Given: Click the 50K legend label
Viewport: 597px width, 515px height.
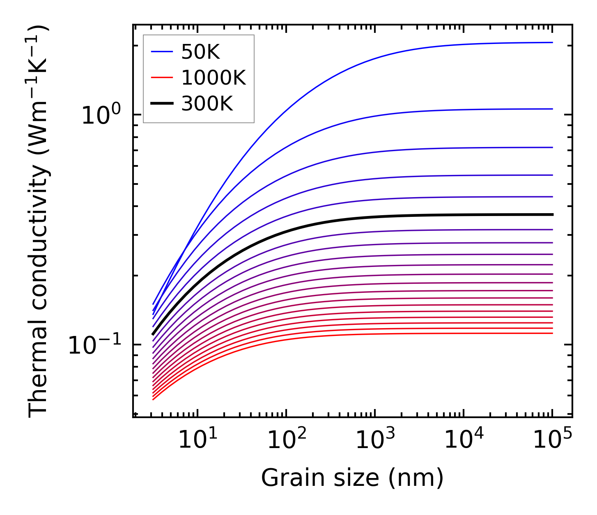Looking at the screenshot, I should pyautogui.click(x=200, y=52).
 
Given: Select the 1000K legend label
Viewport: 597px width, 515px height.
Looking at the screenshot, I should pyautogui.click(x=213, y=78).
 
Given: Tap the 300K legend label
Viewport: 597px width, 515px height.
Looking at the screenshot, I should pyautogui.click(x=207, y=104).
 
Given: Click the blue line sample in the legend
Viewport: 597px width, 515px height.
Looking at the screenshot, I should pyautogui.click(x=162, y=52).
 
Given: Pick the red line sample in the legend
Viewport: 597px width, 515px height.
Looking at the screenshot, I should pyautogui.click(x=162, y=78).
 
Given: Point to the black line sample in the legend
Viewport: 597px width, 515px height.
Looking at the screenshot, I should pyautogui.click(x=162, y=104).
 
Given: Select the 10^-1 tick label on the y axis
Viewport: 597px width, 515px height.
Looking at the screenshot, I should pyautogui.click(x=94, y=346).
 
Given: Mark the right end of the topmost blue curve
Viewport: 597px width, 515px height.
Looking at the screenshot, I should pyautogui.click(x=552, y=42).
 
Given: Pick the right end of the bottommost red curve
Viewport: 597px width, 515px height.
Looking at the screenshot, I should pyautogui.click(x=552, y=333).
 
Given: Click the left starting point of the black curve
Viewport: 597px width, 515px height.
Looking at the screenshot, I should pyautogui.click(x=153, y=334).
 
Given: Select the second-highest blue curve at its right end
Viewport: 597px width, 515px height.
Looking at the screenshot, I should pyautogui.click(x=552, y=109).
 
